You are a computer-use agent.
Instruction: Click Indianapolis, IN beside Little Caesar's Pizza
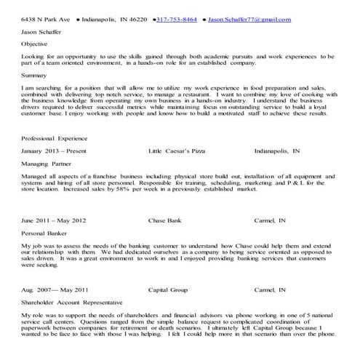277,152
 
